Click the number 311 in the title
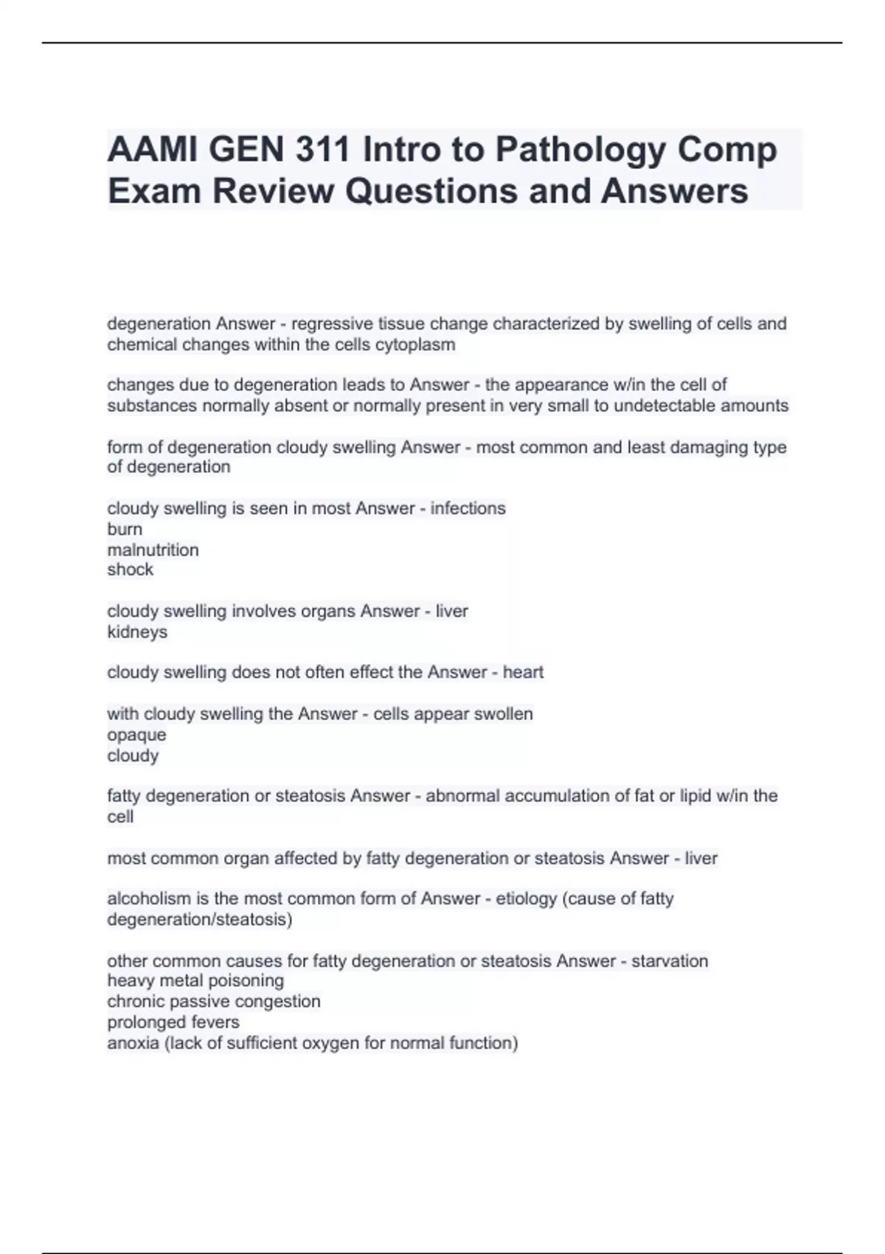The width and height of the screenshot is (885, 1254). pyautogui.click(x=322, y=150)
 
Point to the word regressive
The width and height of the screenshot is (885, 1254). pyautogui.click(x=332, y=324)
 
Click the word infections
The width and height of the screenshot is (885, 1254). pyautogui.click(x=468, y=508)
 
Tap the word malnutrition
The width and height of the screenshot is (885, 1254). pyautogui.click(x=153, y=550)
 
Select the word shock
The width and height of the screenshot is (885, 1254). pyautogui.click(x=130, y=569)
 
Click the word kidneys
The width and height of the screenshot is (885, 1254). pyautogui.click(x=137, y=632)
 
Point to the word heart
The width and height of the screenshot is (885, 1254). pyautogui.click(x=523, y=672)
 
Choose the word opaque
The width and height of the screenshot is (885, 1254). pyautogui.click(x=136, y=735)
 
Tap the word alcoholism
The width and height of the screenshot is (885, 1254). pyautogui.click(x=148, y=898)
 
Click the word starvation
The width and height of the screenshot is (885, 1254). pyautogui.click(x=670, y=961)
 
